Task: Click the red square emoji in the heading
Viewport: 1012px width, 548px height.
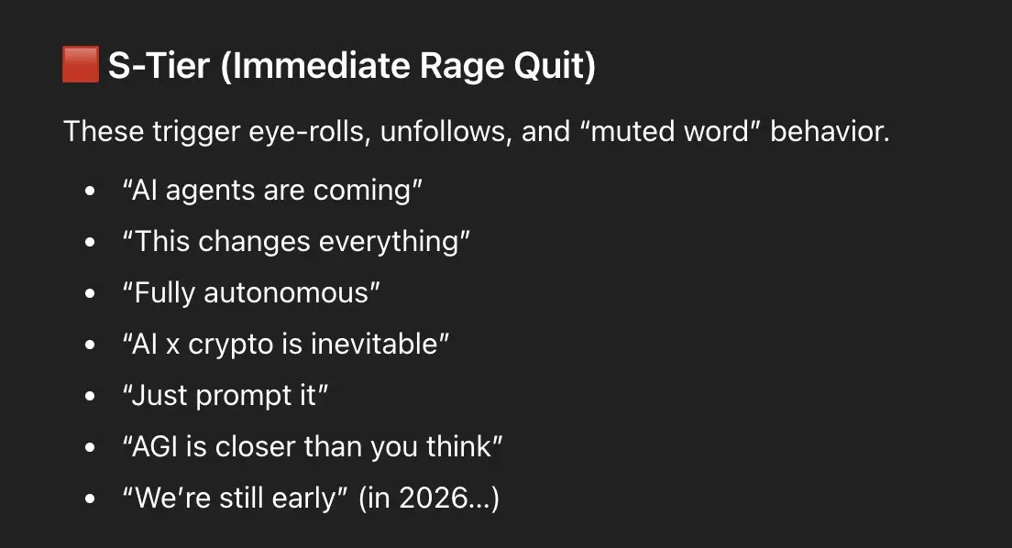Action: pos(81,64)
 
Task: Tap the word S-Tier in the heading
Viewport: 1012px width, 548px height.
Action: pos(159,65)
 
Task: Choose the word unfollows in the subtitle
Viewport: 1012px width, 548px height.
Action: pos(445,131)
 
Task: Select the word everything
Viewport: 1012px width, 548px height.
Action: pos(389,243)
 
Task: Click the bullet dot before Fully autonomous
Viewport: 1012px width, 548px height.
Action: pos(90,293)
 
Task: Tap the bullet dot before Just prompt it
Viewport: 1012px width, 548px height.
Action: pos(90,396)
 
